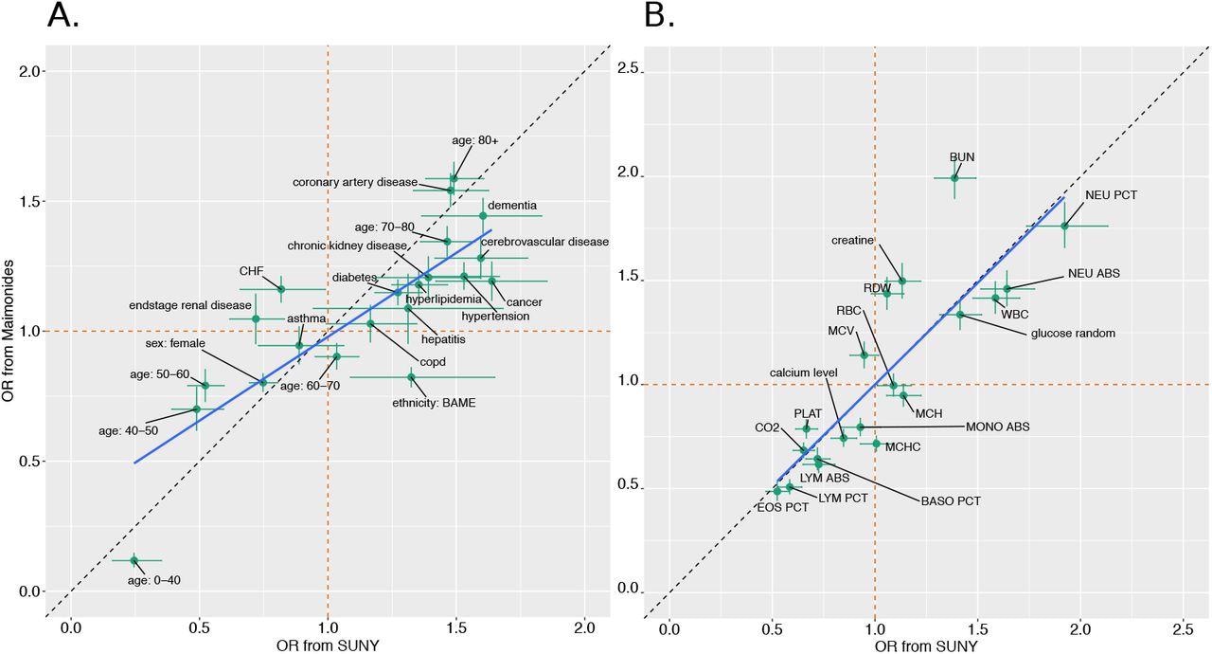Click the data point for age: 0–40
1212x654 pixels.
click(x=134, y=560)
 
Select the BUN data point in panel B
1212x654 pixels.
click(x=954, y=177)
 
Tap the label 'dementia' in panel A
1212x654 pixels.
click(x=512, y=205)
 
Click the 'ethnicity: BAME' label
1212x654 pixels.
click(x=434, y=403)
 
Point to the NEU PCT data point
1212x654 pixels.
click(x=1064, y=226)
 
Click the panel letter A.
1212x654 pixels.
click(x=62, y=16)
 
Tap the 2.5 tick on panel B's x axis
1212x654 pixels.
click(x=1183, y=628)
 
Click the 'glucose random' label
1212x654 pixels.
click(x=1073, y=333)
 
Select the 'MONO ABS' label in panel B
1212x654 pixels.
click(x=997, y=427)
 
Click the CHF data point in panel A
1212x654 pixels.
click(x=280, y=288)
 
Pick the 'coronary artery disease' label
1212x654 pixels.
click(x=354, y=182)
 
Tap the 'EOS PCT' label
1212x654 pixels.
click(x=782, y=507)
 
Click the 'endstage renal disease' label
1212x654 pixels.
click(x=190, y=305)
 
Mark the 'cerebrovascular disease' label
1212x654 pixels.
click(x=544, y=242)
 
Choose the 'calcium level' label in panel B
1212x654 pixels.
click(x=803, y=372)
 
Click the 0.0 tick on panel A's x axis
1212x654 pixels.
click(x=70, y=628)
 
